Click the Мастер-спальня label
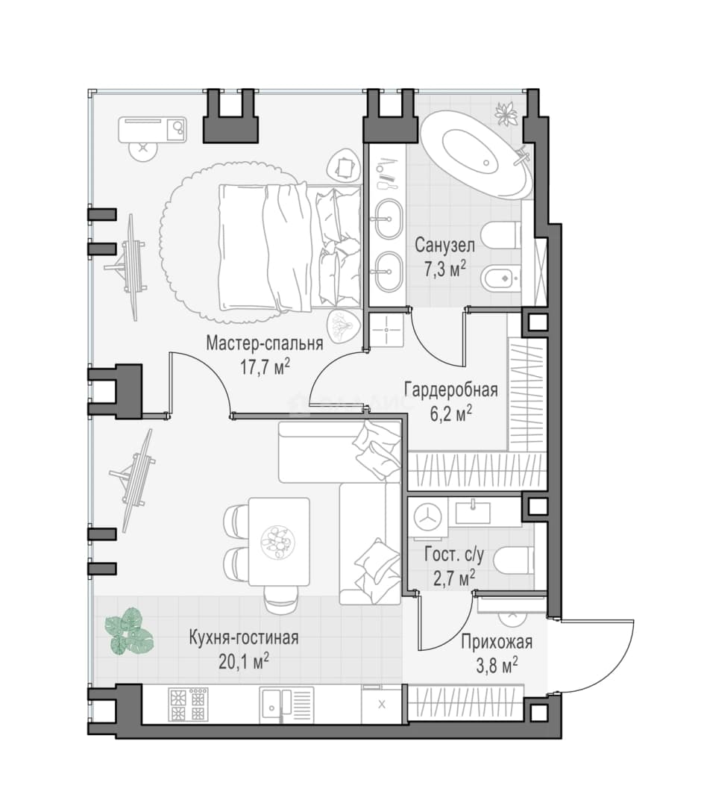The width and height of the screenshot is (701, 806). (265, 343)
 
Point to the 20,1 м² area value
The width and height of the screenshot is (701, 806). (244, 661)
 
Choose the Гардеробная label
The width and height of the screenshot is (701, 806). (451, 390)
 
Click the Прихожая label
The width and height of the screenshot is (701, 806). (496, 642)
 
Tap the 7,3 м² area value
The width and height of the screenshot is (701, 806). (444, 269)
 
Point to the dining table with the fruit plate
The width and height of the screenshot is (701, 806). (279, 541)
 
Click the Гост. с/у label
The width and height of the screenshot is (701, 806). (454, 555)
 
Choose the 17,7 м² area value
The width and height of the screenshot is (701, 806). (265, 367)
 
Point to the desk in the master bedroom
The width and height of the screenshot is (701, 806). (153, 130)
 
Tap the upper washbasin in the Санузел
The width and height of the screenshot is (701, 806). (388, 219)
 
